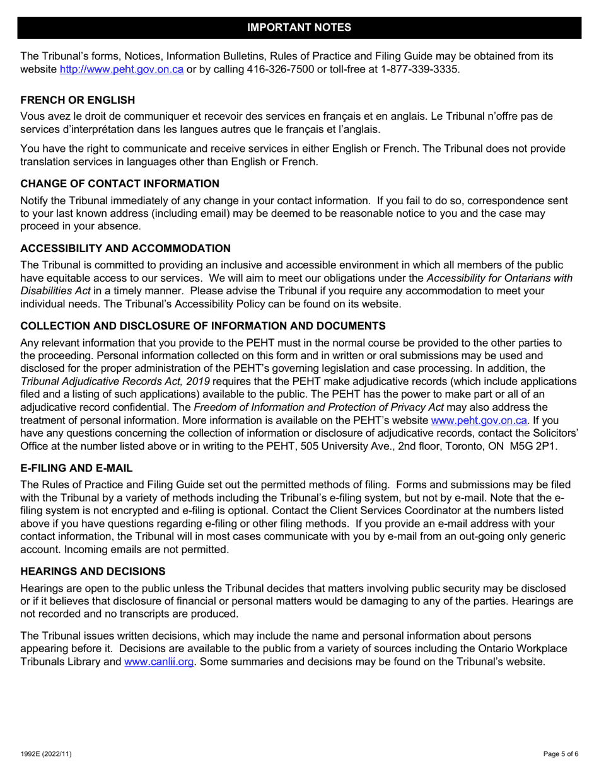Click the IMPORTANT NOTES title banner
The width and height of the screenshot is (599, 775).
[x=299, y=27]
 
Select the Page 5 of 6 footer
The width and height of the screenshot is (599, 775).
[x=561, y=754]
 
